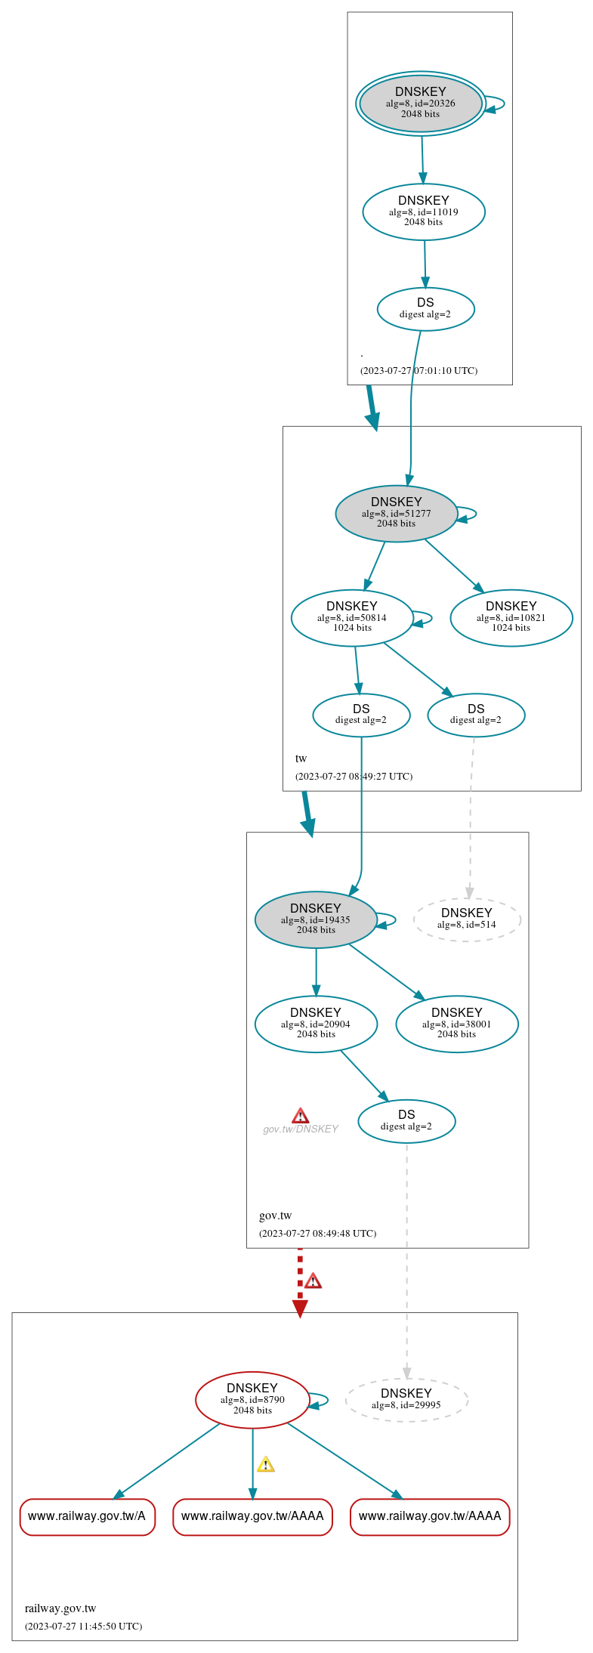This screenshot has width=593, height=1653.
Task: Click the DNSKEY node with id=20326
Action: tap(421, 104)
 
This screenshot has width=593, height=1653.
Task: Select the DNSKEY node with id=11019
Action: tap(424, 212)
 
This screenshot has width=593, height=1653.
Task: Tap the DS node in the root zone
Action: tap(425, 308)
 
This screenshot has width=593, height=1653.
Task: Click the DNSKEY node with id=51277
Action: tap(396, 513)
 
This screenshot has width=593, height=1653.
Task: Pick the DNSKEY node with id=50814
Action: tap(352, 617)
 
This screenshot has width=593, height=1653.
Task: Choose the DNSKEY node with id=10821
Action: tap(511, 617)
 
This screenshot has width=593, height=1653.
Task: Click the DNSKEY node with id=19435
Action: tap(316, 919)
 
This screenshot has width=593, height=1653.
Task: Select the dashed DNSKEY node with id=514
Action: tap(467, 919)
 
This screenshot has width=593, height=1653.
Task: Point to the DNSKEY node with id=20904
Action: tap(316, 1024)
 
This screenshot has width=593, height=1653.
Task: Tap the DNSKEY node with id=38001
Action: tap(456, 1024)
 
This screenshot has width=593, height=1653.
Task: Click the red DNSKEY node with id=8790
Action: tap(252, 1399)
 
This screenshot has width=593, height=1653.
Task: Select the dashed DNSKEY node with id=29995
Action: tap(406, 1399)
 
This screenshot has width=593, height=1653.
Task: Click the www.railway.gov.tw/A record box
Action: tap(87, 1516)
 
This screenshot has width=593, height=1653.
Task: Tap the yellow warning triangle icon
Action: tap(265, 1464)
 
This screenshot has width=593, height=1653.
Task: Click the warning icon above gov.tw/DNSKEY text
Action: tap(300, 1116)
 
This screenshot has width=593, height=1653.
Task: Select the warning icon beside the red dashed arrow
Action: tap(313, 1281)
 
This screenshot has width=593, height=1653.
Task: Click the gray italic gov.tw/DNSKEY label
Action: tap(300, 1129)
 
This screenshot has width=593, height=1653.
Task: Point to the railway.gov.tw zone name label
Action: tap(60, 1608)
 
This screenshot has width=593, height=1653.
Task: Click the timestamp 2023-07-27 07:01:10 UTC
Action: tap(418, 371)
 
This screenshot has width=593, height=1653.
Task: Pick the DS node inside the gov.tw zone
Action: tap(406, 1120)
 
